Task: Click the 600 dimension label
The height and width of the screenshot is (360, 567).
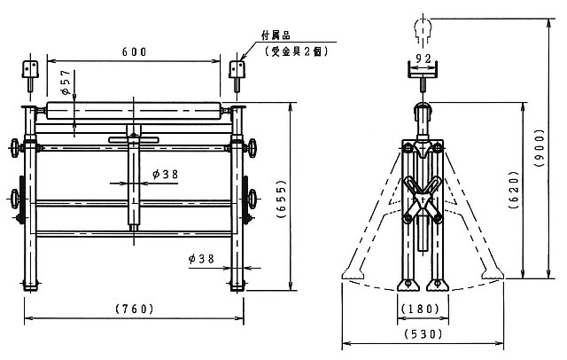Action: (134, 52)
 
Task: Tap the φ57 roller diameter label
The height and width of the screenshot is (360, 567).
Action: (66, 82)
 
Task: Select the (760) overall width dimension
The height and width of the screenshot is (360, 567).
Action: (135, 309)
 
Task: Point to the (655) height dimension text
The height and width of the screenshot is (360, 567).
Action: (281, 199)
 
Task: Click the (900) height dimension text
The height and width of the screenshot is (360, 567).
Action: (540, 147)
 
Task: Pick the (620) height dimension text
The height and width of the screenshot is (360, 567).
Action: (514, 190)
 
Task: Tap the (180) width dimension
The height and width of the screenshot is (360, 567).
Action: (421, 309)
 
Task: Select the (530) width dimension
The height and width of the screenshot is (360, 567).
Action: (423, 333)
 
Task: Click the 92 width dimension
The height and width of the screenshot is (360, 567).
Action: (423, 58)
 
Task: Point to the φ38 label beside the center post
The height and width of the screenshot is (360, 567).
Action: (166, 175)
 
